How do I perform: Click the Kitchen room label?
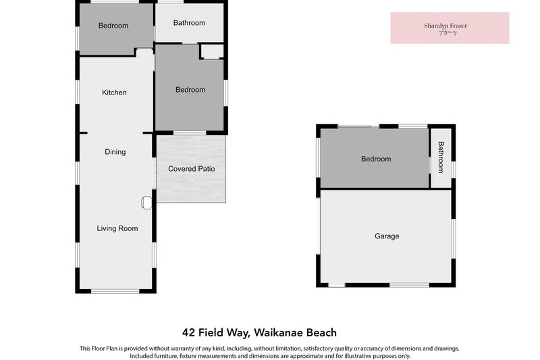pyautogui.click(x=114, y=93)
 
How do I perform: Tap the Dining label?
pyautogui.click(x=115, y=152)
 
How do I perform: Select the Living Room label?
pyautogui.click(x=117, y=228)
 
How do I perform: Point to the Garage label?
pyautogui.click(x=387, y=236)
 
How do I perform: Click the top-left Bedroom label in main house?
pyautogui.click(x=113, y=26)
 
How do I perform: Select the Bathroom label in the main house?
pyautogui.click(x=189, y=23)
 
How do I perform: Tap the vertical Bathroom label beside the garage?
pyautogui.click(x=441, y=157)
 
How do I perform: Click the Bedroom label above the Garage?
pyautogui.click(x=376, y=159)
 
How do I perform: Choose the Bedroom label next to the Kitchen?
pyautogui.click(x=190, y=90)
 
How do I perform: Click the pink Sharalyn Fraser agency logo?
pyautogui.click(x=450, y=28)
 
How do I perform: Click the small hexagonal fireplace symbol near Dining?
pyautogui.click(x=146, y=202)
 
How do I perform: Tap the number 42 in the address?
pyautogui.click(x=190, y=332)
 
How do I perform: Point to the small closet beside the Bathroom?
pyautogui.click(x=211, y=51)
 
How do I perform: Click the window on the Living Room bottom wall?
pyautogui.click(x=115, y=292)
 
